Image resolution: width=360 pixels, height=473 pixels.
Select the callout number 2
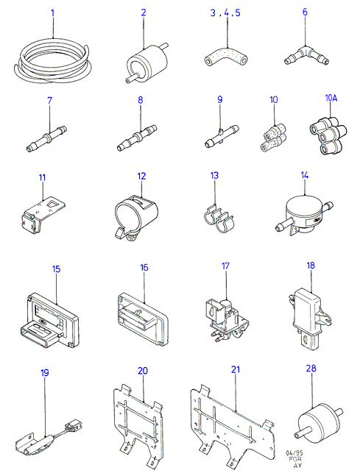coord(144,13)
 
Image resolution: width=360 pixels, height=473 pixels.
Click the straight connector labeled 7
coord(46,138)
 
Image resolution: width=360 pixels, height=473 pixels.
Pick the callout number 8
coord(141,100)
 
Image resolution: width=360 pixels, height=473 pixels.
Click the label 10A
coord(331,98)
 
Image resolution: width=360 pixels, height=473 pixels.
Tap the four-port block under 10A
coord(328,135)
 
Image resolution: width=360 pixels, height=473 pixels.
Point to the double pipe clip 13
coord(218,218)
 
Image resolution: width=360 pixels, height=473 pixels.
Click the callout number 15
coord(57,268)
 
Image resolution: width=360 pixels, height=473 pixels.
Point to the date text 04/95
coord(294,453)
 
